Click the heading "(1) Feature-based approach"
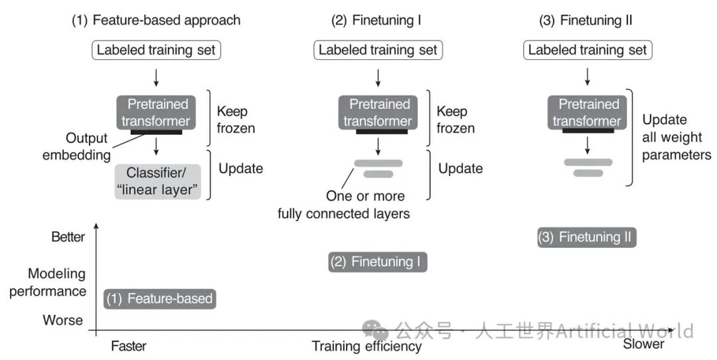point(156,20)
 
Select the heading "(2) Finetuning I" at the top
point(376,20)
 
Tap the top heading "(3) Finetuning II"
point(586,20)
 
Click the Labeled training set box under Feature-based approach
point(157,50)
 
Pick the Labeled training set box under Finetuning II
point(588,50)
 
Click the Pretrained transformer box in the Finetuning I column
point(378,112)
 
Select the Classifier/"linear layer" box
point(157,181)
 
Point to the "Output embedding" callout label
point(76,146)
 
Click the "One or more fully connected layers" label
point(344,205)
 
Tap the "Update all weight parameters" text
point(677,137)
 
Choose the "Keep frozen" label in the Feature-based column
point(236,120)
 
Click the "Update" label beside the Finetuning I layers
point(461,168)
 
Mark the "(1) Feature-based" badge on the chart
point(159,299)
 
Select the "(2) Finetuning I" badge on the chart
point(378,262)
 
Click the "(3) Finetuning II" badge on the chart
point(587,237)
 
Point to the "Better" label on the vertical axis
point(68,237)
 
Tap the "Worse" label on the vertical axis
point(63,319)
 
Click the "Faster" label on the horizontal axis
point(129,345)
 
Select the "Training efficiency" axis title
point(366,346)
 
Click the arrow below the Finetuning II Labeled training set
point(588,76)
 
